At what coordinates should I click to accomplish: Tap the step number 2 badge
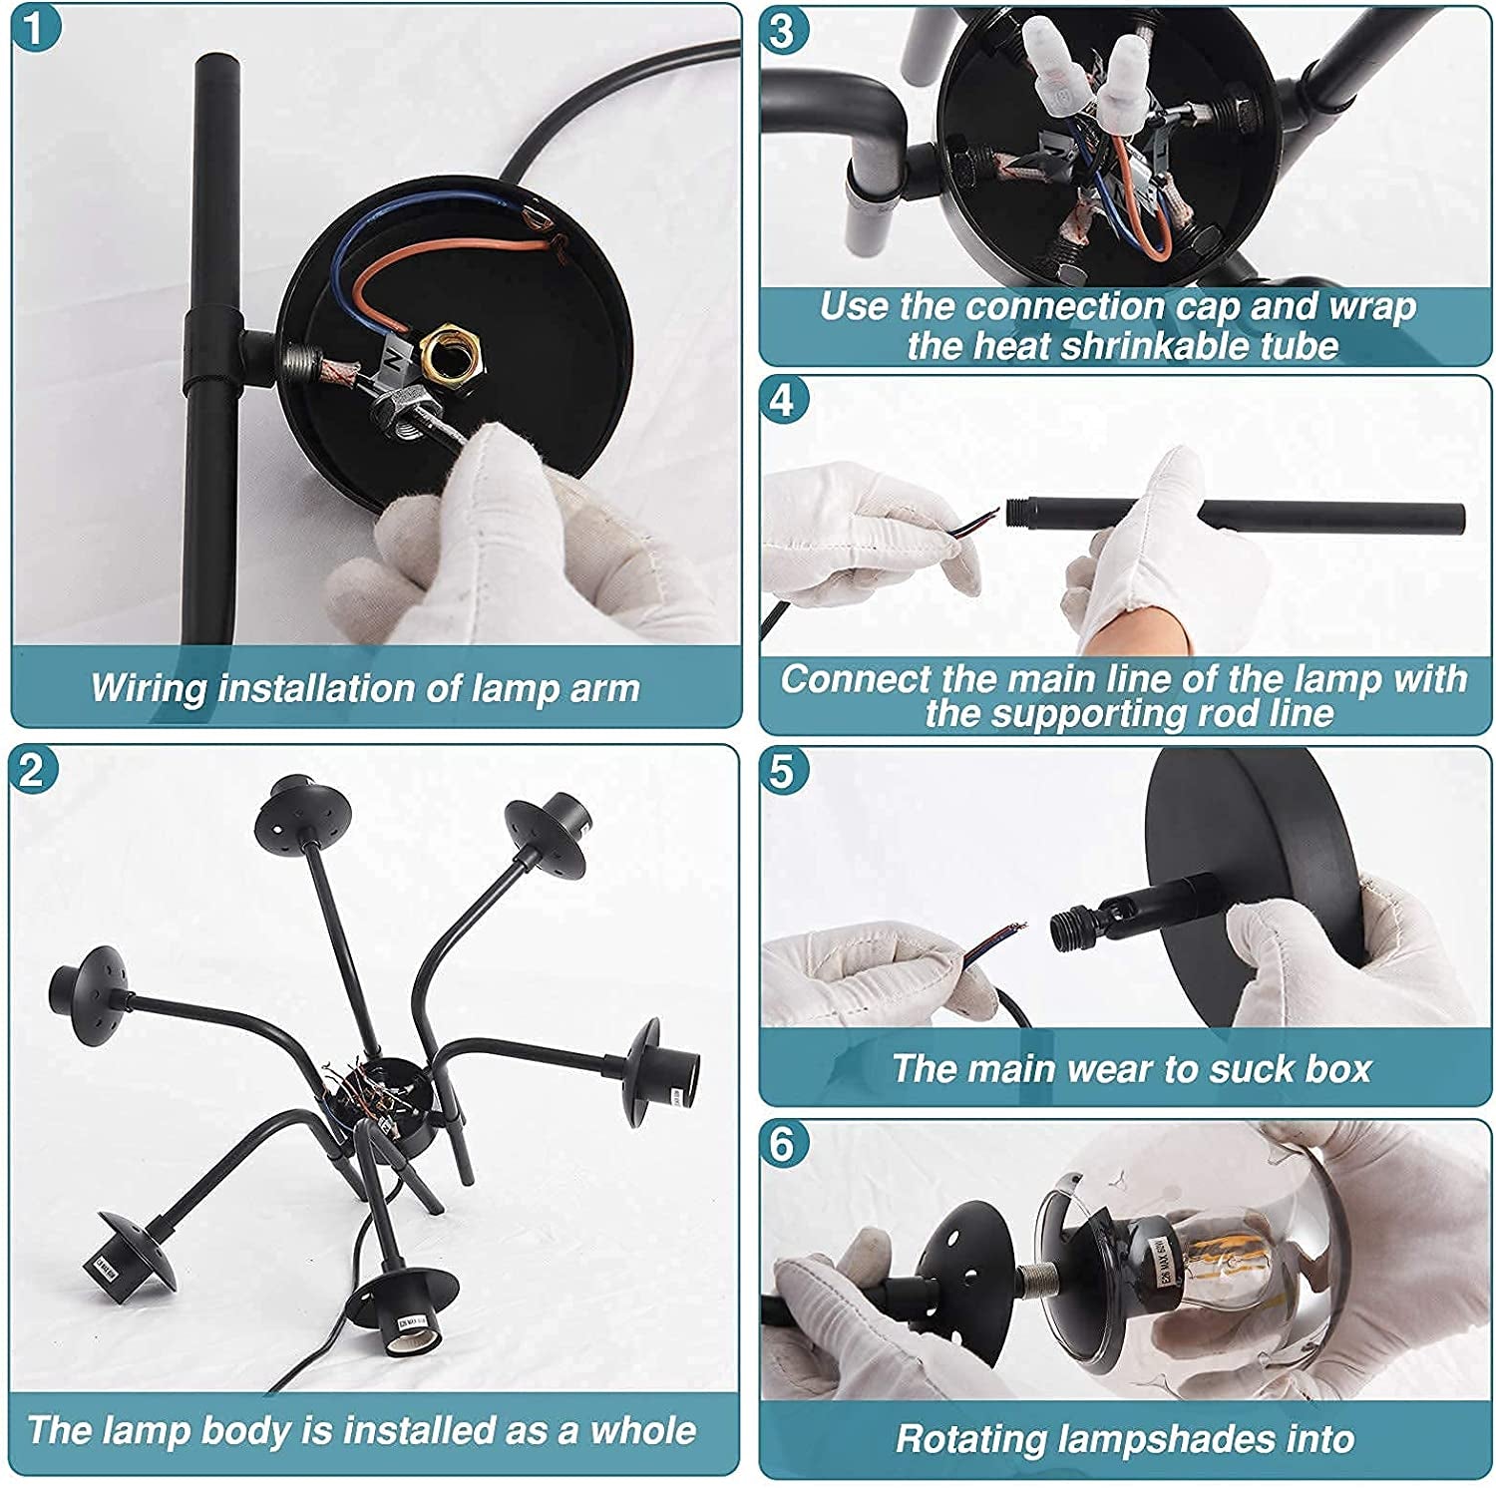click(x=34, y=770)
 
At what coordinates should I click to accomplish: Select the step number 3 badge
click(x=784, y=31)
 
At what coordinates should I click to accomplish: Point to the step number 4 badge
click(x=784, y=401)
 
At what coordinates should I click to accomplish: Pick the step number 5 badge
click(x=784, y=772)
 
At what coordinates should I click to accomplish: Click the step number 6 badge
click(x=784, y=1144)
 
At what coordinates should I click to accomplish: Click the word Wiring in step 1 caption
click(x=150, y=690)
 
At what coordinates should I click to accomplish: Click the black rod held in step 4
click(x=1237, y=515)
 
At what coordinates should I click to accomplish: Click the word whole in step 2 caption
click(x=643, y=1431)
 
